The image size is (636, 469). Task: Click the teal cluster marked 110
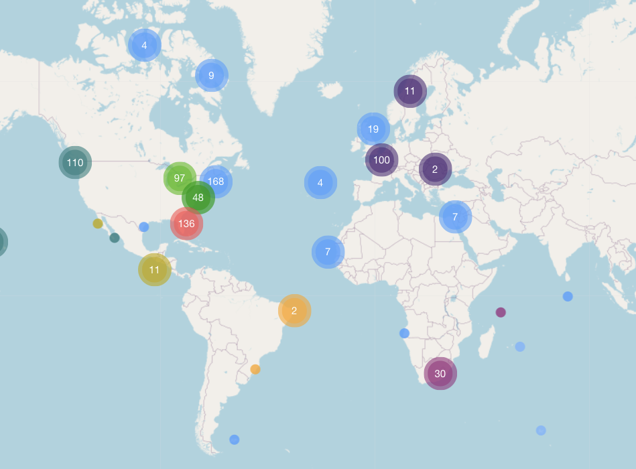tap(75, 162)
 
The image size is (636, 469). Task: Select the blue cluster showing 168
tap(216, 181)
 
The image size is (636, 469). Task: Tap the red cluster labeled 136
tap(186, 224)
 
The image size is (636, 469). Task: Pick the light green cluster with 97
tap(180, 178)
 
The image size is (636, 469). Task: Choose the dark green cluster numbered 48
tap(198, 198)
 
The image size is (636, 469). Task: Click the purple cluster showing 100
tap(381, 160)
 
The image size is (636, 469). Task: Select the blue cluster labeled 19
tap(373, 129)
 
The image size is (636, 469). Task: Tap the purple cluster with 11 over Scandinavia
tap(410, 91)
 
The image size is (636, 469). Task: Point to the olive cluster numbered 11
tap(155, 270)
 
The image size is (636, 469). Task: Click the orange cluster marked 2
tap(294, 311)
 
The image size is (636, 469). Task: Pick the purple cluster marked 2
tap(435, 170)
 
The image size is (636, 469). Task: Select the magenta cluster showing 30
tap(440, 374)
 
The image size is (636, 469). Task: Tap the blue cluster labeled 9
tap(211, 76)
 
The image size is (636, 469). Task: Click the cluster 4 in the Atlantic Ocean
tap(320, 183)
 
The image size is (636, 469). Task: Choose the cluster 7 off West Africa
tap(328, 252)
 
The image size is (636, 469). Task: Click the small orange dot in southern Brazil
tap(255, 369)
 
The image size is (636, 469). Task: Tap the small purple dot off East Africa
tap(501, 312)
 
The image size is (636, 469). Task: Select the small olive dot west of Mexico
tap(98, 224)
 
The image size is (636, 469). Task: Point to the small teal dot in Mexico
tap(115, 238)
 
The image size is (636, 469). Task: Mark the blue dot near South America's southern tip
tap(235, 440)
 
